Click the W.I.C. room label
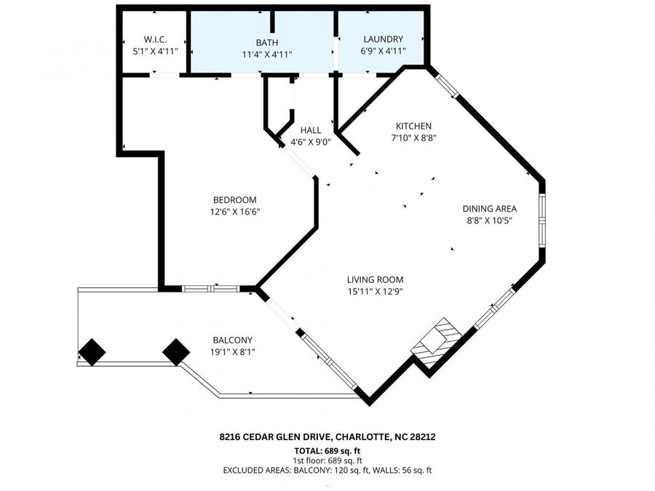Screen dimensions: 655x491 156,40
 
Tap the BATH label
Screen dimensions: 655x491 267,43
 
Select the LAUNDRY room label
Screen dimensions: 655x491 383,39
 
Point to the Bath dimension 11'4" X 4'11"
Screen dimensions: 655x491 267,55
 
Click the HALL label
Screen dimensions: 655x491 311,130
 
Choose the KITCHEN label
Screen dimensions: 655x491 413,126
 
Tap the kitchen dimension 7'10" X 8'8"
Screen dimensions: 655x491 413,137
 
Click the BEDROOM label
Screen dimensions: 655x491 235,200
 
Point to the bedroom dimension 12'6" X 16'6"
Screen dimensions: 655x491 235,212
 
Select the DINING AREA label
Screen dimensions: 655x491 490,209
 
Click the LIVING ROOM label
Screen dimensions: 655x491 375,280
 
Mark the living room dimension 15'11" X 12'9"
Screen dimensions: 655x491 375,292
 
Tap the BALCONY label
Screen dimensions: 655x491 233,340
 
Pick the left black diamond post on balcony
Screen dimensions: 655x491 92,352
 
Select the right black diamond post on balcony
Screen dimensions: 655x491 176,352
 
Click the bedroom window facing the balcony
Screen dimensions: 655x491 211,289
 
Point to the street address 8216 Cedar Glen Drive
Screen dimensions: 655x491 275,437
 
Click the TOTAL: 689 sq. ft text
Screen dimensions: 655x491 327,451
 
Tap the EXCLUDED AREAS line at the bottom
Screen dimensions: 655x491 327,471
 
